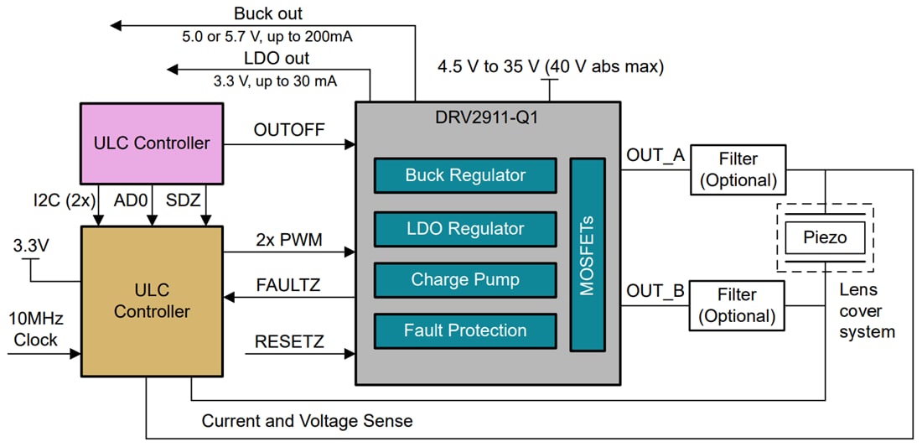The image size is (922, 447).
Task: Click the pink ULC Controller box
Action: (x=152, y=143)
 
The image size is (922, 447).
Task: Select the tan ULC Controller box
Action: (x=152, y=300)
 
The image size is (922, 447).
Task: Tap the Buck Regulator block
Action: (x=465, y=175)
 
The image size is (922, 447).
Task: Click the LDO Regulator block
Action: (x=465, y=228)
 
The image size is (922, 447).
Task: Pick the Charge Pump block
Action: (x=465, y=279)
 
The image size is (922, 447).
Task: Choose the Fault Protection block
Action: (x=465, y=330)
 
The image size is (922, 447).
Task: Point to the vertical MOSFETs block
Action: (x=587, y=254)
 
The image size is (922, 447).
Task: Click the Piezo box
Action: (x=825, y=237)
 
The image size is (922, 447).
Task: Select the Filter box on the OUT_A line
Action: (x=738, y=169)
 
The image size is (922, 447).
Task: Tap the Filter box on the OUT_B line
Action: (x=738, y=305)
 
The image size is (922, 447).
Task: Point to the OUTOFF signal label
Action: (x=289, y=129)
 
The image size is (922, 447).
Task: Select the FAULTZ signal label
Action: (x=287, y=284)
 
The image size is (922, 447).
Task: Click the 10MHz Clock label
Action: (x=35, y=330)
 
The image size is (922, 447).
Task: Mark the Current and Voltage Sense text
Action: (x=307, y=421)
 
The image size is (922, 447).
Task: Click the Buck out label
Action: (x=268, y=13)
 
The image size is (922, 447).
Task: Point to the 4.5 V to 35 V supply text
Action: (x=550, y=67)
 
